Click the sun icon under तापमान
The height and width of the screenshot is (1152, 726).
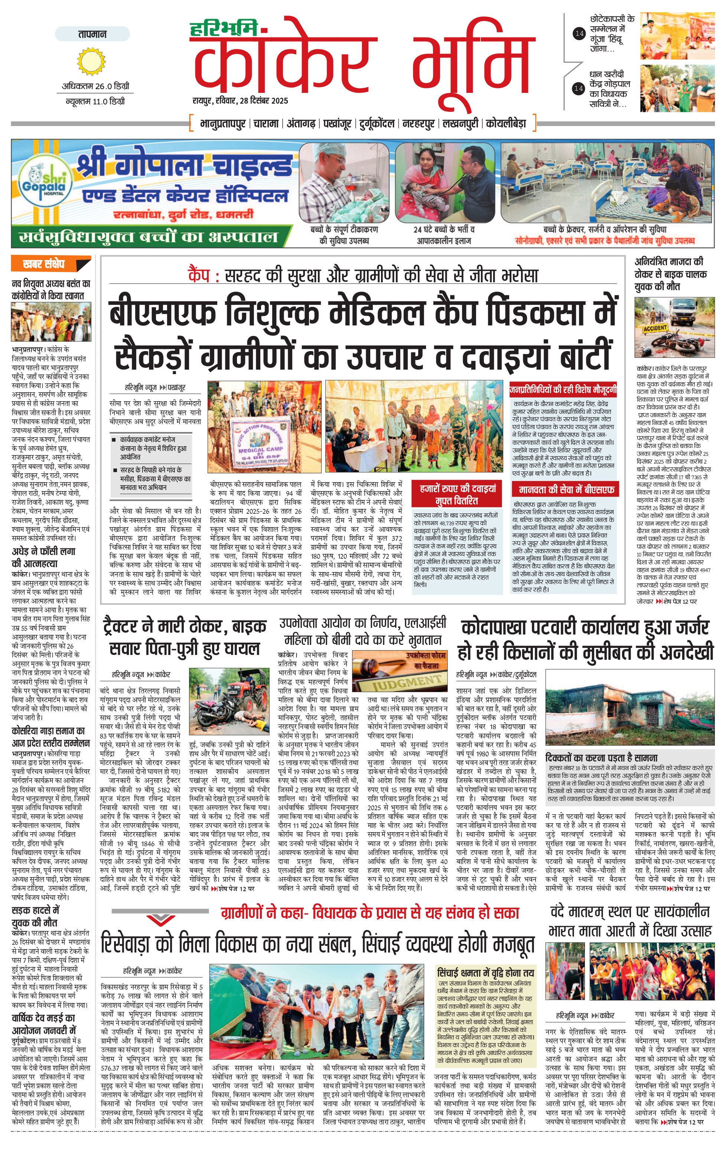point(90,61)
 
